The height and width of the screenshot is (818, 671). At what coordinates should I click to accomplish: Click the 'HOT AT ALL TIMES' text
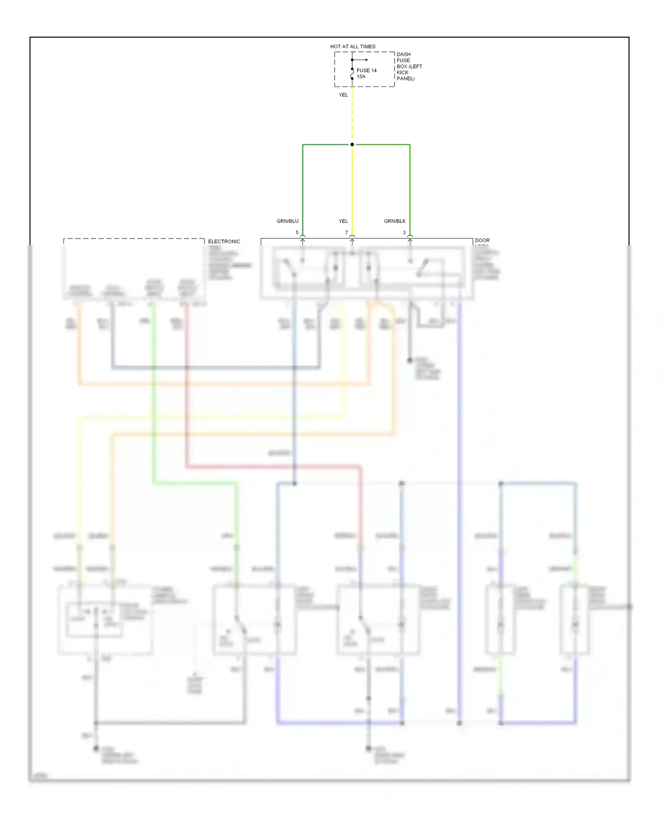tap(352, 47)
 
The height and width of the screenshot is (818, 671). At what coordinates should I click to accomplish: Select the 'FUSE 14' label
tap(366, 71)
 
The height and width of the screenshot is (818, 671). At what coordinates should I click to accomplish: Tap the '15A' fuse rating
tap(361, 77)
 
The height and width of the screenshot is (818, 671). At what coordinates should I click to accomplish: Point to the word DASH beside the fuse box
tap(403, 55)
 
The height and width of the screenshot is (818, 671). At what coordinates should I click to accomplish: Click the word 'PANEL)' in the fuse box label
tap(405, 79)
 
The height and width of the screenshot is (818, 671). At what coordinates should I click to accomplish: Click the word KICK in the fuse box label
tap(402, 72)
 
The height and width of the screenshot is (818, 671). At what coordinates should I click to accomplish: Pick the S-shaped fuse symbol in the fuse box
tap(352, 73)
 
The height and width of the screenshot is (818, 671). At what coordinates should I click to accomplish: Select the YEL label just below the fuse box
tap(343, 95)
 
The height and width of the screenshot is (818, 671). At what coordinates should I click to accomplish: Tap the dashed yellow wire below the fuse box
tap(352, 116)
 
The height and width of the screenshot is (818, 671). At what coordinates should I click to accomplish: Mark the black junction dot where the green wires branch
tap(352, 145)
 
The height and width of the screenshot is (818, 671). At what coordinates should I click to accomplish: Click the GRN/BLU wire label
tap(287, 221)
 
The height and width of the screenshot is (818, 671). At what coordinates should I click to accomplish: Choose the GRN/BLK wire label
tap(395, 221)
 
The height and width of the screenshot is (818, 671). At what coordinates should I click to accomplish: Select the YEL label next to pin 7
tap(343, 221)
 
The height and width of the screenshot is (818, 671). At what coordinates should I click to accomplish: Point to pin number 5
tap(297, 233)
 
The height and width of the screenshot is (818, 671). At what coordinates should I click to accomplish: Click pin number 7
tap(346, 233)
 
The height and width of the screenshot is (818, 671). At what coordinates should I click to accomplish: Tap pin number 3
tap(404, 233)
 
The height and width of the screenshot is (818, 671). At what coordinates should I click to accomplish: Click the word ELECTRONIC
tap(224, 242)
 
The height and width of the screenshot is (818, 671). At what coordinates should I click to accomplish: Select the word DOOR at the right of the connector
tap(482, 240)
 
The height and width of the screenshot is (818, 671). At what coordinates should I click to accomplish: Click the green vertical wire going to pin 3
tap(410, 188)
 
